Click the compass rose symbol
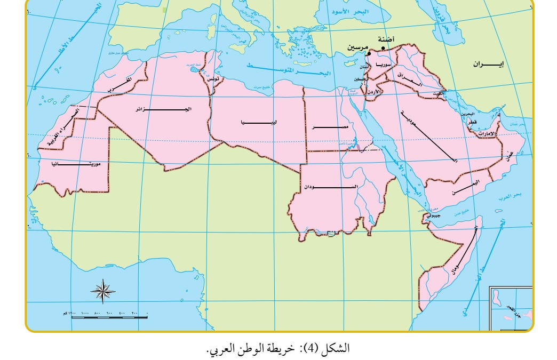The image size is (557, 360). coord(103,291)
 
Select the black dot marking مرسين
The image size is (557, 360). coord(369,53)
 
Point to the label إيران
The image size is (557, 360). coord(487,64)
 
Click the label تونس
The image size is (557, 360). coord(213,78)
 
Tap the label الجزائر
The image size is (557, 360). coord(163,109)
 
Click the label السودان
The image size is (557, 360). coord(331,187)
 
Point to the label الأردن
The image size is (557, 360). coord(376,92)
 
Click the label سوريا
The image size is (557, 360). coord(384,65)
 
